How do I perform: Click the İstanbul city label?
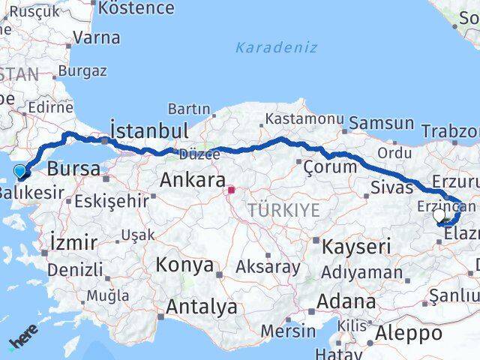click(x=149, y=130)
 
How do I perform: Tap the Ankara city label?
click(x=193, y=180)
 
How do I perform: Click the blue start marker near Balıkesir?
click(x=20, y=172)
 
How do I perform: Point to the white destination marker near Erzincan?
click(x=439, y=216)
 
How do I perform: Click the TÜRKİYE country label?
click(x=284, y=209)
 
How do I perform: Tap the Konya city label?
click(x=184, y=265)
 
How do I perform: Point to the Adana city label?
click(x=346, y=301)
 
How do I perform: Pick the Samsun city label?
click(x=382, y=123)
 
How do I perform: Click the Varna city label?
click(x=97, y=37)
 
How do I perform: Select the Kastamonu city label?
click(x=304, y=119)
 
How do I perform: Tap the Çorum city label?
click(x=330, y=166)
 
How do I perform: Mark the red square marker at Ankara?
click(x=232, y=190)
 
